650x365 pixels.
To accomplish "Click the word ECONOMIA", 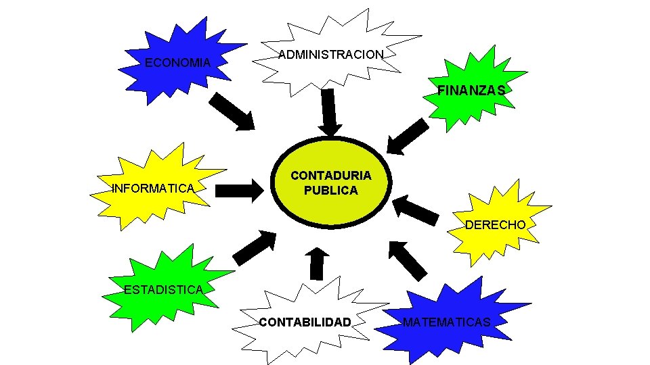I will point(177,63).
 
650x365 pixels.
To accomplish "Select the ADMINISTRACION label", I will point(331,54).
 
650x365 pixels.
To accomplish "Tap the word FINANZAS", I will point(471,90).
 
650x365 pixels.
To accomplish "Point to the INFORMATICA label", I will point(153,188).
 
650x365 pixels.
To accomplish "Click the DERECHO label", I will point(495,224).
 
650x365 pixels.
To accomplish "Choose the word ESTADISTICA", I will point(163,290).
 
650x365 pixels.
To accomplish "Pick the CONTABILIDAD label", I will point(305,322).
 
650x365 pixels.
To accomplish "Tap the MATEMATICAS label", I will point(446,322).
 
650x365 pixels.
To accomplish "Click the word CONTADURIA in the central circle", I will point(330,175).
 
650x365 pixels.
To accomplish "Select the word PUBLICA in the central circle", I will point(330,191).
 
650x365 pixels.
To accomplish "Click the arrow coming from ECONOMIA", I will point(232,112).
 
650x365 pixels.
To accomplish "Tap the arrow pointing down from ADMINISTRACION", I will point(330,112).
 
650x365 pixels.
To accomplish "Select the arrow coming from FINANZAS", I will point(407,137).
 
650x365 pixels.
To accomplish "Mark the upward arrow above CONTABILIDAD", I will point(316,264).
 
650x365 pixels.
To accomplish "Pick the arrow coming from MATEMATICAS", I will point(408,260).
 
